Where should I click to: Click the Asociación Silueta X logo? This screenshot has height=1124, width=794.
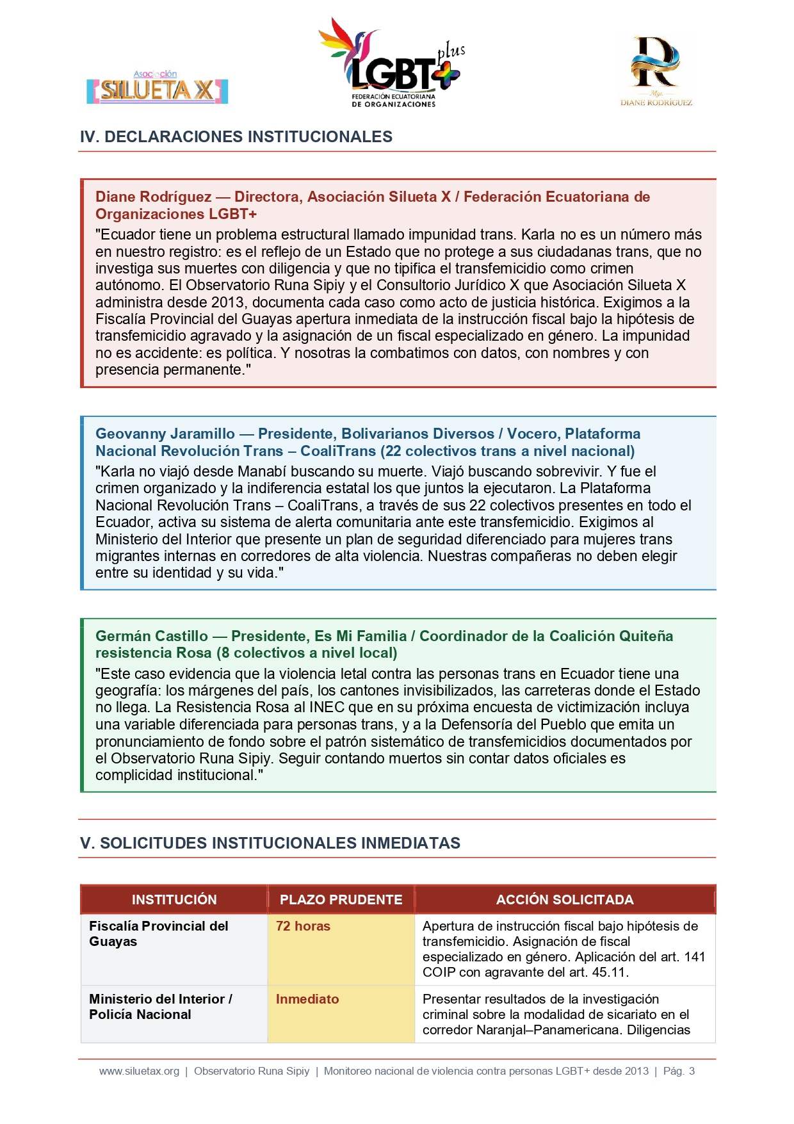pyautogui.click(x=158, y=88)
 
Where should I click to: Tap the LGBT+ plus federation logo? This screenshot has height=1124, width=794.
pyautogui.click(x=392, y=64)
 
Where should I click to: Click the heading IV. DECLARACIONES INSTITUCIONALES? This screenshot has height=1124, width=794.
pyautogui.click(x=236, y=136)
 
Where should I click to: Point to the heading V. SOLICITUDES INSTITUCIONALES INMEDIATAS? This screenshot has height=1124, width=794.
pyautogui.click(x=270, y=843)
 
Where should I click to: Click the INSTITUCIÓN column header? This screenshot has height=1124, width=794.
pyautogui.click(x=174, y=899)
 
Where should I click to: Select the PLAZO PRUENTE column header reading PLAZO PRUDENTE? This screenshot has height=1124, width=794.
pyautogui.click(x=341, y=899)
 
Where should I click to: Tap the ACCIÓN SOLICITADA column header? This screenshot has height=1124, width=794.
pyautogui.click(x=565, y=899)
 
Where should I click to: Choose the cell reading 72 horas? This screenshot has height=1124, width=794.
pyautogui.click(x=303, y=926)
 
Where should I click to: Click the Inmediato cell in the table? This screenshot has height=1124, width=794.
pyautogui.click(x=307, y=999)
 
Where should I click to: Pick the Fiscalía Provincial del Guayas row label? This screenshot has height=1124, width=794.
pyautogui.click(x=158, y=934)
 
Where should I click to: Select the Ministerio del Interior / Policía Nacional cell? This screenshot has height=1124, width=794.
pyautogui.click(x=160, y=1007)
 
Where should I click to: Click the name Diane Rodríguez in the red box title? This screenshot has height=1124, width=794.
pyautogui.click(x=154, y=197)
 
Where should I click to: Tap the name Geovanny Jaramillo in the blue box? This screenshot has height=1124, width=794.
pyautogui.click(x=165, y=434)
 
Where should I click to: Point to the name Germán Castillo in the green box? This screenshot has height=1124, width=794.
pyautogui.click(x=152, y=636)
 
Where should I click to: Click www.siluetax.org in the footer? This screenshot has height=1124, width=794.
pyautogui.click(x=139, y=1071)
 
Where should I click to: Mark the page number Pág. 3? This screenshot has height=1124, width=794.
pyautogui.click(x=679, y=1071)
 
